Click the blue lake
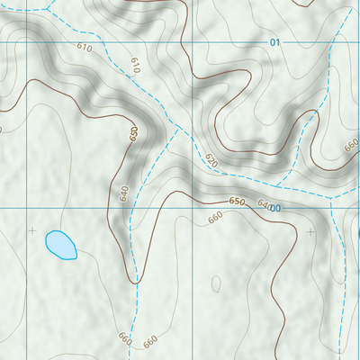(x=60, y=244)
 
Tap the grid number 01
(x=274, y=43)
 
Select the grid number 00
(x=275, y=208)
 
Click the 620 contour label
(x=211, y=161)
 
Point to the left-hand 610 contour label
(x=85, y=47)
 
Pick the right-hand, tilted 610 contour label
(x=135, y=64)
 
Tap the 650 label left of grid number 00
(x=237, y=201)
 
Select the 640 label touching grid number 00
(x=263, y=204)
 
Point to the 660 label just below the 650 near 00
(x=215, y=218)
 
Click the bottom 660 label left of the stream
(x=124, y=338)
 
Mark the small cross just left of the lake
(x=33, y=231)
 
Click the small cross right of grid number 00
(x=311, y=231)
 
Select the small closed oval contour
(x=216, y=283)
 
